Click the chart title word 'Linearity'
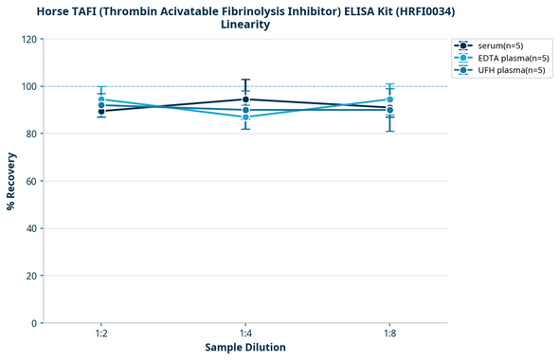tap(245, 25)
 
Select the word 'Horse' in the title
tap(55, 10)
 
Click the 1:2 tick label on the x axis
tap(100, 334)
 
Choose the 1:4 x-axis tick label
tap(245, 334)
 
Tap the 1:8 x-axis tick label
tap(389, 334)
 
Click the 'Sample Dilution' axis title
tap(245, 348)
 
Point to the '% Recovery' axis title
tap(11, 181)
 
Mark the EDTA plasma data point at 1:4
tap(245, 117)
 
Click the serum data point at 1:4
tap(245, 99)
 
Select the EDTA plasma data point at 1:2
tap(100, 99)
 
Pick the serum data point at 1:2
tap(100, 111)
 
